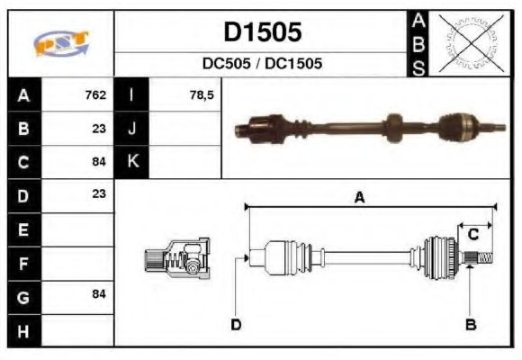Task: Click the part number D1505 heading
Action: point(262,33)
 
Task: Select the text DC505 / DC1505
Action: point(262,65)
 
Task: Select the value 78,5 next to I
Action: point(202,94)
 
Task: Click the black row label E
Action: point(23,229)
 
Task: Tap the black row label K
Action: point(132,161)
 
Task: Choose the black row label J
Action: point(132,128)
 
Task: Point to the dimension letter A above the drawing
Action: point(359,199)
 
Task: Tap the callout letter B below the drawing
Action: point(470,322)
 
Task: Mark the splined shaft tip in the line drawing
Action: point(483,260)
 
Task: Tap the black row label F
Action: point(23,263)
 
